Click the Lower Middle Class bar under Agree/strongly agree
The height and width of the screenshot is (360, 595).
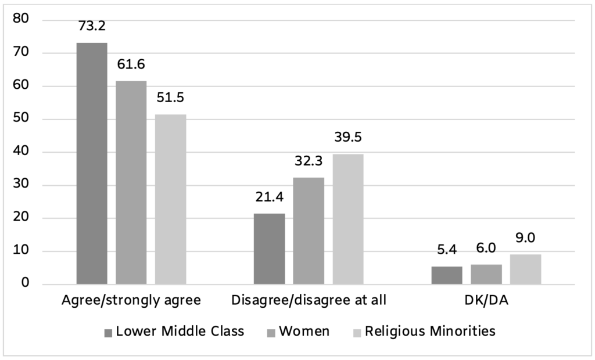pyautogui.click(x=92, y=164)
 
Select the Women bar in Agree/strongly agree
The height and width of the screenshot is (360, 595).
pyautogui.click(x=131, y=183)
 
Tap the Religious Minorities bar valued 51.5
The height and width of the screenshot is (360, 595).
pyautogui.click(x=171, y=200)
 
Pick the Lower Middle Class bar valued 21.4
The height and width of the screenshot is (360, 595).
pyautogui.click(x=270, y=249)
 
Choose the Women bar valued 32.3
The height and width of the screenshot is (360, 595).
pyautogui.click(x=309, y=231)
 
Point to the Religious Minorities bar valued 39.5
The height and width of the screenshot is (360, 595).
pyautogui.click(x=348, y=219)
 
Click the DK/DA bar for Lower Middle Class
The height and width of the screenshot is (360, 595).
pyautogui.click(x=447, y=275)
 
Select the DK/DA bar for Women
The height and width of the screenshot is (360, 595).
pyautogui.click(x=486, y=275)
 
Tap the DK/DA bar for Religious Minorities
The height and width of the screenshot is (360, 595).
pyautogui.click(x=526, y=269)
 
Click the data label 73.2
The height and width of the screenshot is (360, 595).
pyautogui.click(x=92, y=26)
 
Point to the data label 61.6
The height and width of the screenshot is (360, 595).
pyautogui.click(x=131, y=64)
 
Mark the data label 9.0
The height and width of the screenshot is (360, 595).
pyautogui.click(x=526, y=238)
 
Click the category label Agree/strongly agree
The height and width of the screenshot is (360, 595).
pyautogui.click(x=131, y=301)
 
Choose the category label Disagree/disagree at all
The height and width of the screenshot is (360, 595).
pyautogui.click(x=309, y=301)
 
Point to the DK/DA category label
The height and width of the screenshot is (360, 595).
pyautogui.click(x=486, y=301)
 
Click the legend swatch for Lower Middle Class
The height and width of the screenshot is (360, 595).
pyautogui.click(x=108, y=333)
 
